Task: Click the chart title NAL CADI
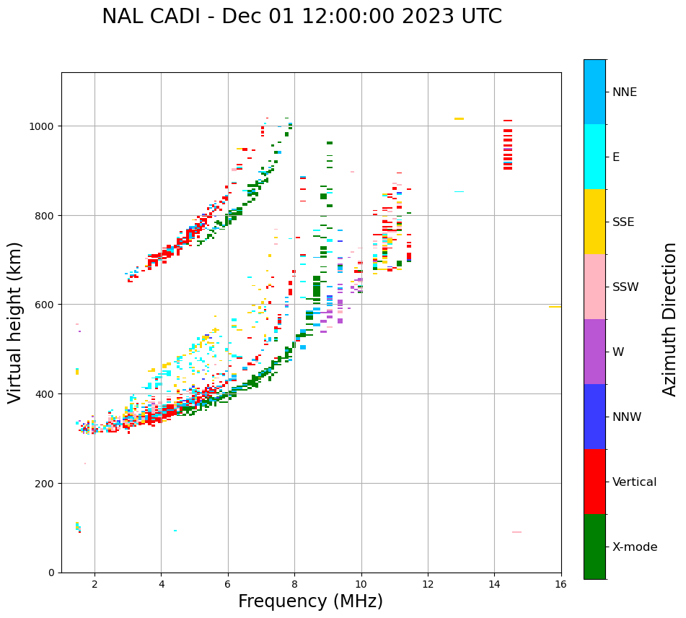pyautogui.click(x=302, y=17)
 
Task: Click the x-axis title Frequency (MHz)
pyautogui.click(x=310, y=601)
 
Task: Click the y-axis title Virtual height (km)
pyautogui.click(x=15, y=322)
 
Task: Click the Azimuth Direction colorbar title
pyautogui.click(x=670, y=319)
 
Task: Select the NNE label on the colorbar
pyautogui.click(x=625, y=92)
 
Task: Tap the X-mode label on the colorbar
pyautogui.click(x=635, y=547)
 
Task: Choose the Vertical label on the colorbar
pyautogui.click(x=635, y=482)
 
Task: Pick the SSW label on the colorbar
pyautogui.click(x=625, y=287)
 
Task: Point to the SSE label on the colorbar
pyautogui.click(x=623, y=222)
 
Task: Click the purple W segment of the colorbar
pyautogui.click(x=594, y=352)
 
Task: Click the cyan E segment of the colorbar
pyautogui.click(x=594, y=157)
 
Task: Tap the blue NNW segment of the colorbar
pyautogui.click(x=594, y=417)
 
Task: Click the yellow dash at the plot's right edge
pyautogui.click(x=554, y=307)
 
